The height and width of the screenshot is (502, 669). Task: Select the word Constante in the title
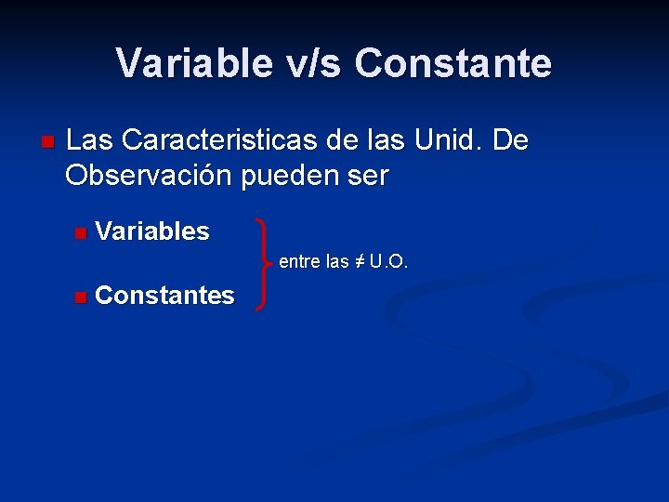(453, 64)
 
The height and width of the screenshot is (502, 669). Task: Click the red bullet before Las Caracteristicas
(48, 142)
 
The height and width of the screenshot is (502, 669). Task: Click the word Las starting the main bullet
(90, 141)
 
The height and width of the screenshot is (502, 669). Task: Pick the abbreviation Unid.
(449, 141)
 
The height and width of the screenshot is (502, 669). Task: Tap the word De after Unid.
(510, 141)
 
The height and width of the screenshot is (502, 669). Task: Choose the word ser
(365, 175)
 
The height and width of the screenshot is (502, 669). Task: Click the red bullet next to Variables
(81, 231)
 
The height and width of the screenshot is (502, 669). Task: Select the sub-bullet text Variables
(152, 231)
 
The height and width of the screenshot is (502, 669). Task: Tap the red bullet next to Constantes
(81, 297)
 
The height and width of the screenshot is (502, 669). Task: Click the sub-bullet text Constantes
(164, 296)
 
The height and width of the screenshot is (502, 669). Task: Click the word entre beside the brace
(300, 263)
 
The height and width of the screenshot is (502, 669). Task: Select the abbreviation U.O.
(389, 263)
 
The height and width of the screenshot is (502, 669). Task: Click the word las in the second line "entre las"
(338, 263)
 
